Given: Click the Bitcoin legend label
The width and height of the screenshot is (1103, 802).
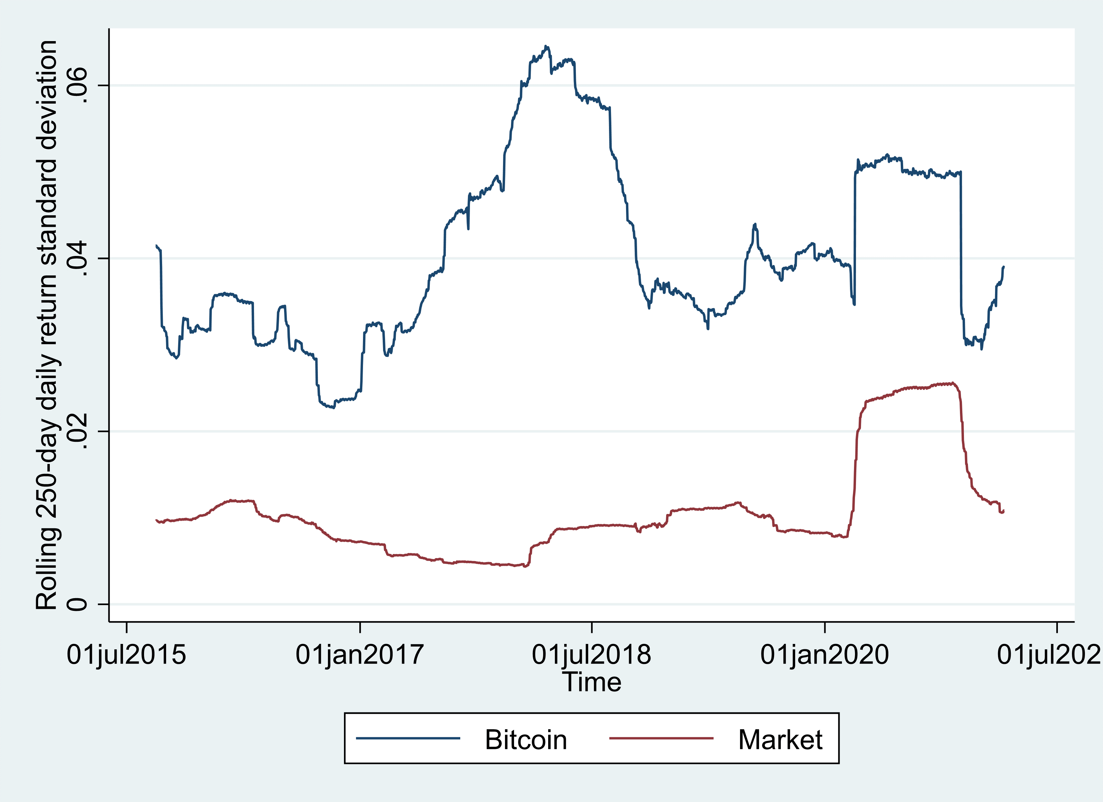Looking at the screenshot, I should pyautogui.click(x=526, y=740).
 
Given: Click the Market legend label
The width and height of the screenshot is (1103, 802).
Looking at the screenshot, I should pyautogui.click(x=780, y=740).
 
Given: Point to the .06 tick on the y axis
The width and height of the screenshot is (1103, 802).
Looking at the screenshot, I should pyautogui.click(x=77, y=86).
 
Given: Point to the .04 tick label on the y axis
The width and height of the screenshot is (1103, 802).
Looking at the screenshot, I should pyautogui.click(x=77, y=258).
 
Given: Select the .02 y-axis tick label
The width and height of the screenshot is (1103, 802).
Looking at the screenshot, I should pyautogui.click(x=77, y=431).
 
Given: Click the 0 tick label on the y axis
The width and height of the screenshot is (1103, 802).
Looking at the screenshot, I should pyautogui.click(x=77, y=604).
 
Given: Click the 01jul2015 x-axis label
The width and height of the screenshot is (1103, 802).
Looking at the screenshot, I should pyautogui.click(x=126, y=655).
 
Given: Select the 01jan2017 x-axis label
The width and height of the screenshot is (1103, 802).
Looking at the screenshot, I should pyautogui.click(x=360, y=655).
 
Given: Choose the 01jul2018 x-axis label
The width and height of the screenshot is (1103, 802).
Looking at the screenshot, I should pyautogui.click(x=591, y=655).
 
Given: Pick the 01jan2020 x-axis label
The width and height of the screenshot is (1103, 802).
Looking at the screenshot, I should pyautogui.click(x=825, y=655).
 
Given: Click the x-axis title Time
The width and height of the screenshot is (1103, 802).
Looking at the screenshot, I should pyautogui.click(x=591, y=682).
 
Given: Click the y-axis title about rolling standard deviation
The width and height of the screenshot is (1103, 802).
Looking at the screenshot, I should pyautogui.click(x=47, y=325).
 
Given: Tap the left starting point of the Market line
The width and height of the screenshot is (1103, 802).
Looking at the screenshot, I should pyautogui.click(x=156, y=520).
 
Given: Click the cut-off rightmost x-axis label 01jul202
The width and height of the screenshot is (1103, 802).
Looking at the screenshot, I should pyautogui.click(x=1049, y=655).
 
